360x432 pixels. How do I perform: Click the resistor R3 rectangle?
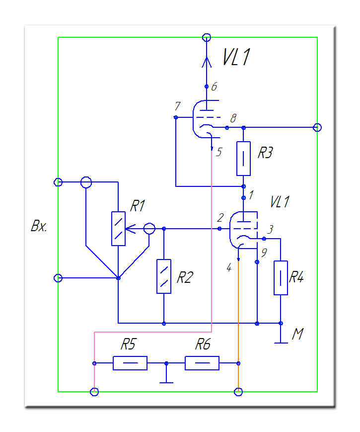point(243,159)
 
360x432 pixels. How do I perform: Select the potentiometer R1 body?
point(118,228)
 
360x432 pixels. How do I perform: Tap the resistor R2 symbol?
point(164,276)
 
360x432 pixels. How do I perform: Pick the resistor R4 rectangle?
point(281,277)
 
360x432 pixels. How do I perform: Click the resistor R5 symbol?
point(130,363)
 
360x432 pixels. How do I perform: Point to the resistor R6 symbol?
point(202,363)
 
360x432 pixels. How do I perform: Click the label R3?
point(265,153)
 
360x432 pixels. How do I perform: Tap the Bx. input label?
point(38,227)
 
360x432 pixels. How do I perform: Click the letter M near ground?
point(297,335)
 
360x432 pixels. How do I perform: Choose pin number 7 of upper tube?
point(177,106)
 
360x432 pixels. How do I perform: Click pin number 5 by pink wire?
point(218,152)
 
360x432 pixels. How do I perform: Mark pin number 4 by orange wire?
point(228,267)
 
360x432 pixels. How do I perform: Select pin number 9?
point(264,253)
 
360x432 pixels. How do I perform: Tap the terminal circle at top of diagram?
point(207,37)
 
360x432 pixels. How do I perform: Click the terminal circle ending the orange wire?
point(238,392)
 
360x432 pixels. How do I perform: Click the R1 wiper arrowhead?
point(128,229)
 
